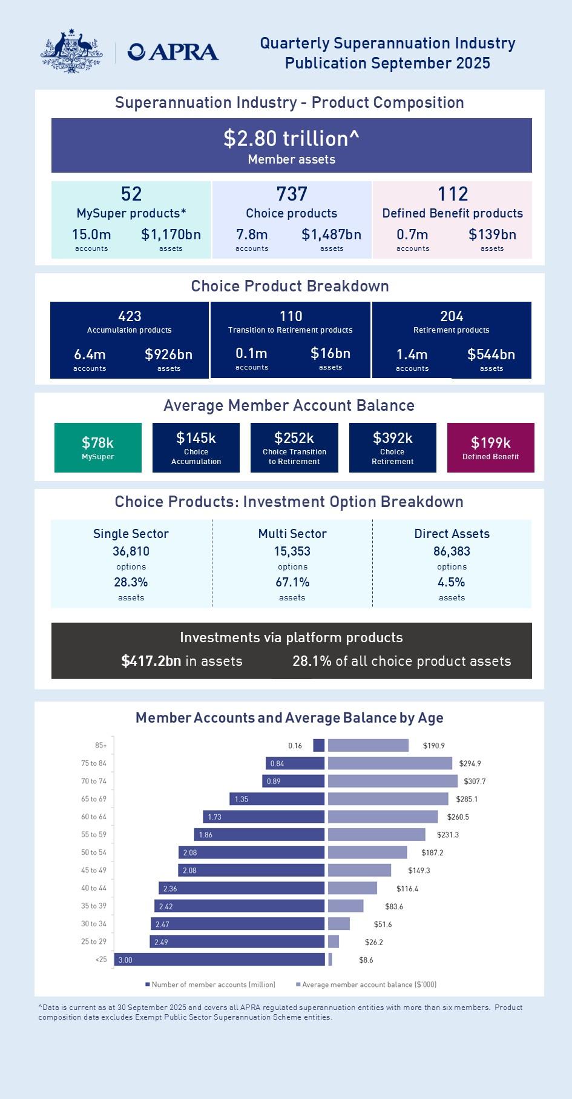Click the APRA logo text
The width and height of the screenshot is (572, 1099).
tap(173, 52)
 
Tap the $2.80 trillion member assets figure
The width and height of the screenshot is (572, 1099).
tap(291, 139)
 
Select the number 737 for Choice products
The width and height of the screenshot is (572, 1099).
tap(292, 194)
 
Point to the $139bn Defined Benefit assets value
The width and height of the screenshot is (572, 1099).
tap(492, 234)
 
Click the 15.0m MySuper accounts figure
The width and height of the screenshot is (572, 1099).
tap(91, 234)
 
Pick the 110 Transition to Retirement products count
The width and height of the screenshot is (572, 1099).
tap(291, 316)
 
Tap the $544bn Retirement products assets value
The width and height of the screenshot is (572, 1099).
tap(491, 354)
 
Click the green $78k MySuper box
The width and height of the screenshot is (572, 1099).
tap(98, 448)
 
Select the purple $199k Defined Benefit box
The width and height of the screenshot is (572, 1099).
tap(490, 448)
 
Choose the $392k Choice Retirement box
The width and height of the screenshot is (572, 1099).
tap(392, 448)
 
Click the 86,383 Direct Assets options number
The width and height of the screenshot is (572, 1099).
tap(452, 551)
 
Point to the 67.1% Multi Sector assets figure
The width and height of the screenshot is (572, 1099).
tap(292, 582)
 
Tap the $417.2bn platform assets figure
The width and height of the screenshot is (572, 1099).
tap(151, 661)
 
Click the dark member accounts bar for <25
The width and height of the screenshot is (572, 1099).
tap(219, 960)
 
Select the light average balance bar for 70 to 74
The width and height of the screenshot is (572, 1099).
tap(392, 781)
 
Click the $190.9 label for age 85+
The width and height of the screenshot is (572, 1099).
tap(433, 746)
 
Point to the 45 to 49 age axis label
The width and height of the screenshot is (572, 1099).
tap(94, 870)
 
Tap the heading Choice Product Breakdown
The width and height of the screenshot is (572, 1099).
tap(290, 286)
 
